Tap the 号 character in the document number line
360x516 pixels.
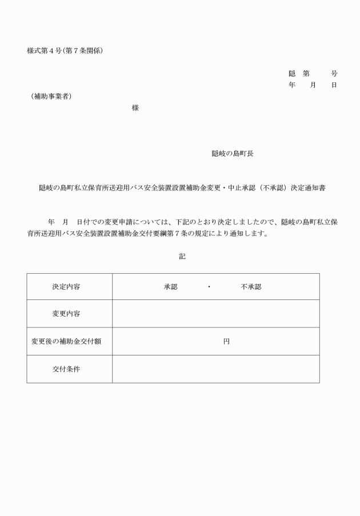pos(334,74)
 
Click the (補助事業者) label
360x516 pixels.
pos(51,96)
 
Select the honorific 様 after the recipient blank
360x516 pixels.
pos(135,107)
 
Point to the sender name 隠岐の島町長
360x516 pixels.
pos(233,154)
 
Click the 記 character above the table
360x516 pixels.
pos(182,257)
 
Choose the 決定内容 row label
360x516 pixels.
pos(66,287)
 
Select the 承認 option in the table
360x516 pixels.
pos(171,287)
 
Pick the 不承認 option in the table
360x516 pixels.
pos(251,287)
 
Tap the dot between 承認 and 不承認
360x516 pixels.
pos(209,287)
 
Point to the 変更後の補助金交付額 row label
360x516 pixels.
pos(66,342)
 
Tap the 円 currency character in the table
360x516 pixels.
pos(226,342)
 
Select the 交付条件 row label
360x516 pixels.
pos(66,369)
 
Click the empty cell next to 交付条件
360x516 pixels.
pos(215,369)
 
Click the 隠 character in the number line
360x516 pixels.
pos(292,74)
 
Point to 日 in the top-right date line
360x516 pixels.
pos(334,85)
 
